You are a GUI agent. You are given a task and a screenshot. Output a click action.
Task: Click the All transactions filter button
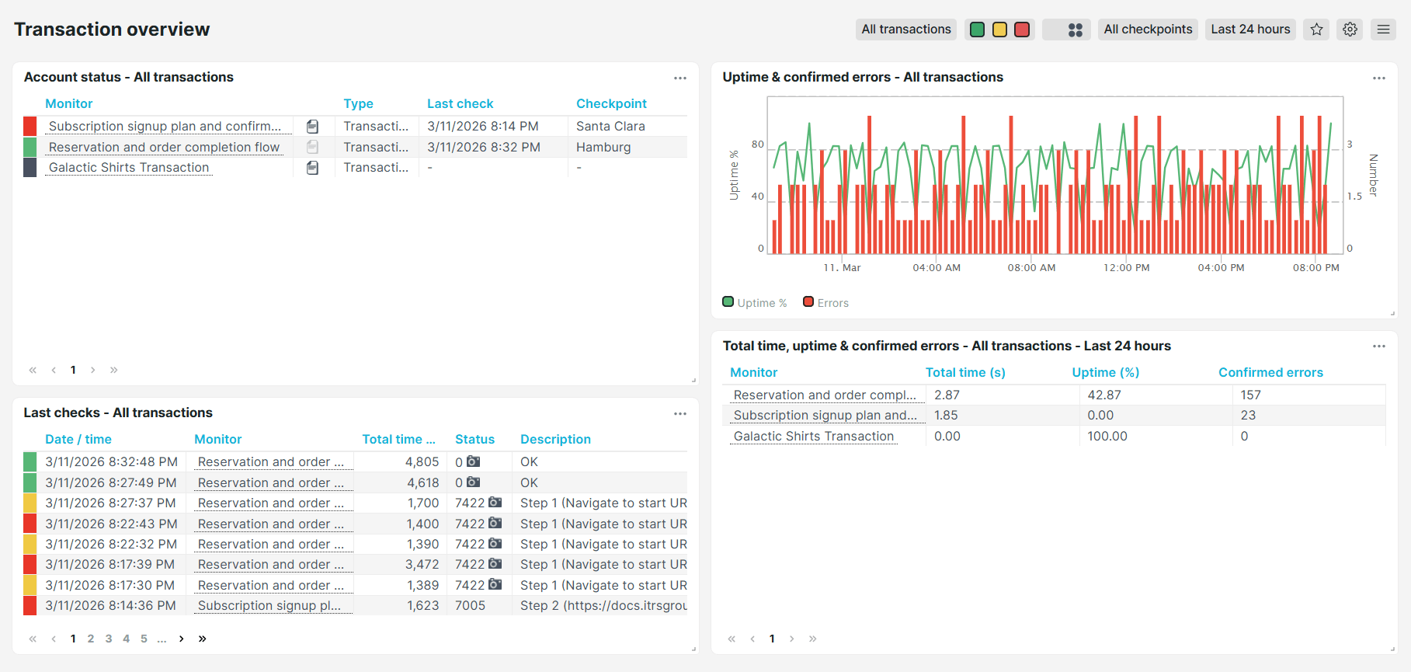[905, 30]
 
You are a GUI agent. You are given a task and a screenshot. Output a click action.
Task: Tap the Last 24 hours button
[1249, 30]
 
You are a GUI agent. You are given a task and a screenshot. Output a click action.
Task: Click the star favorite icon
[1316, 30]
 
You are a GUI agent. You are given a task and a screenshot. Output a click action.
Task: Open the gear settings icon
[1350, 30]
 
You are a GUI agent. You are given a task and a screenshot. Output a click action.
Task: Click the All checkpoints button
[1147, 30]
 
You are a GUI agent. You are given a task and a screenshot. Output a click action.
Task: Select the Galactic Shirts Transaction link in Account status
[129, 168]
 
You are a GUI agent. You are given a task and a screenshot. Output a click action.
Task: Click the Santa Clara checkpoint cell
[610, 127]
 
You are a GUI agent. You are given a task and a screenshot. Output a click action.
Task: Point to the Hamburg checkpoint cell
[603, 148]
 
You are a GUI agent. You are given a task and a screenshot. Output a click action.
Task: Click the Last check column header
[460, 104]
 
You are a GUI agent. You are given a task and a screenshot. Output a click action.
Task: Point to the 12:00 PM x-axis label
[1126, 268]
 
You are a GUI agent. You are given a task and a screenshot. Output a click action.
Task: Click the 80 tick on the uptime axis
[757, 144]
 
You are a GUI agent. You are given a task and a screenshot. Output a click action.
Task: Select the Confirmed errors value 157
[1250, 395]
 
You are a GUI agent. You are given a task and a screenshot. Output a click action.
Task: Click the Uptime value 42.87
[1103, 395]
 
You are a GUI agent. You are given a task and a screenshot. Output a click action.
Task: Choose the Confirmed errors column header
[1270, 373]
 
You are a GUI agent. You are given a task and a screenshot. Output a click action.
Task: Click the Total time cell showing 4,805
[422, 462]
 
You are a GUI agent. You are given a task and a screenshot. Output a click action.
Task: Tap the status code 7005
[470, 606]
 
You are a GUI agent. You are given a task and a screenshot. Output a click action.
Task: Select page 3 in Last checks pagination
[109, 639]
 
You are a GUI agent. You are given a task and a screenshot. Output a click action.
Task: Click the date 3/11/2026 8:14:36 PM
[110, 606]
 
